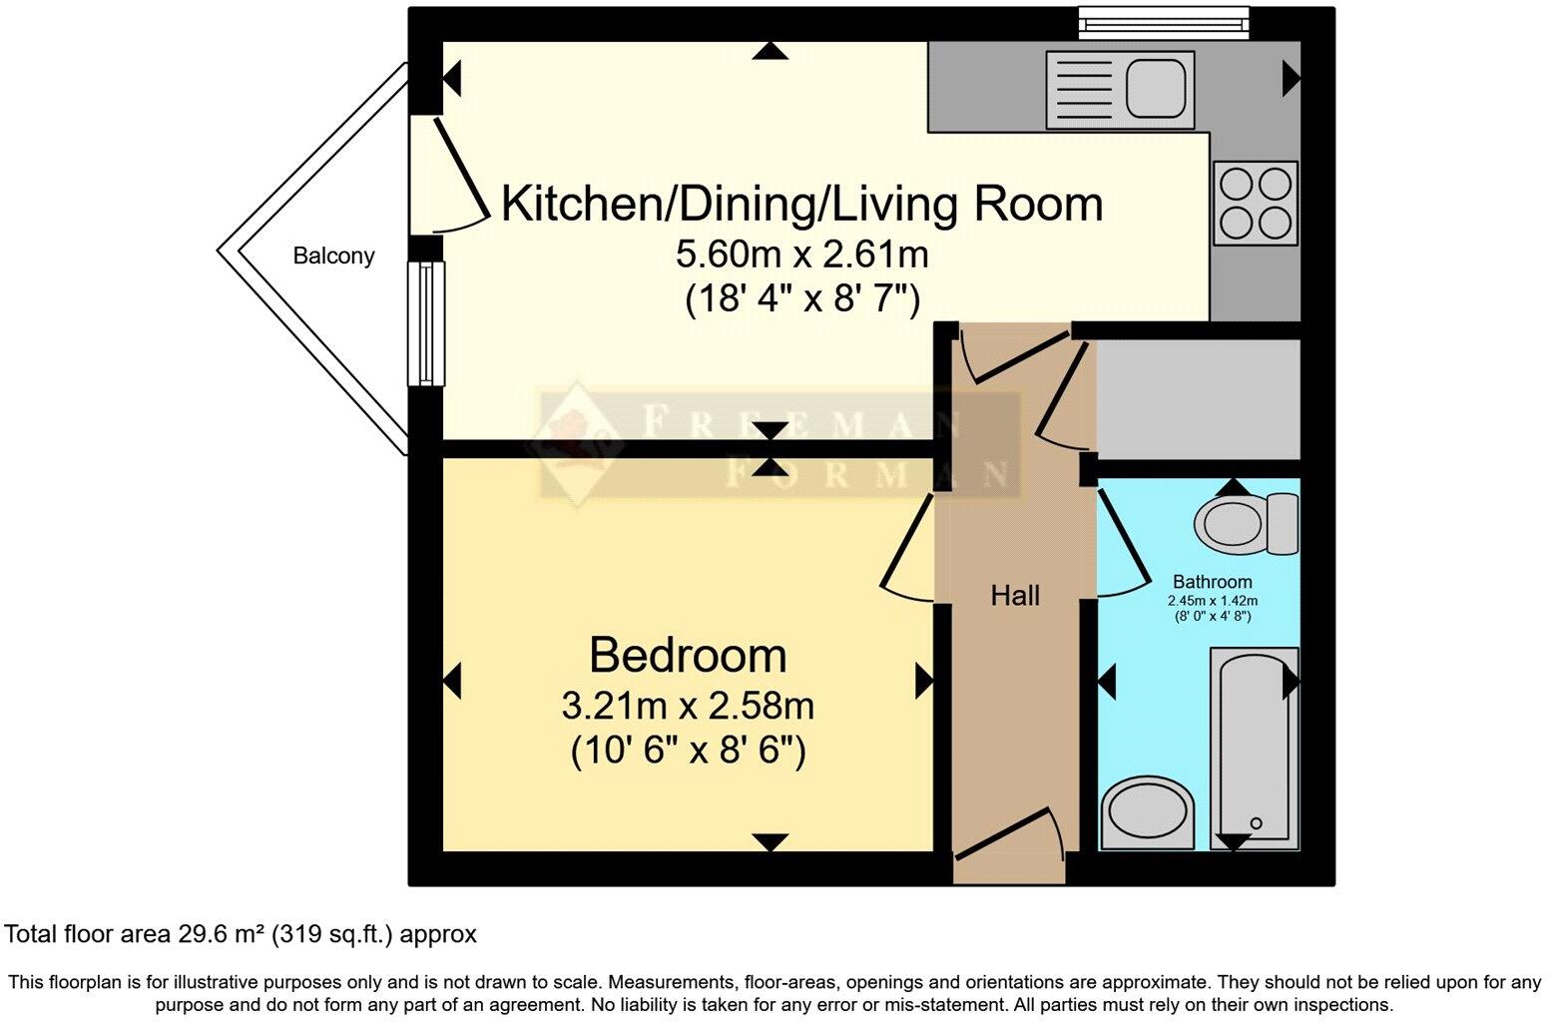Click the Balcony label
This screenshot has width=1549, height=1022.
(333, 255)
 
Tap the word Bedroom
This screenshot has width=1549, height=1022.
(688, 655)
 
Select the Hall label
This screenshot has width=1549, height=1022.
(1015, 596)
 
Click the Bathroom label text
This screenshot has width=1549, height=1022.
(1212, 582)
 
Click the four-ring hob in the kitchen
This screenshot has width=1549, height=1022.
(1256, 204)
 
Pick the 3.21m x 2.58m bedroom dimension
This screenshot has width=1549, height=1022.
(688, 706)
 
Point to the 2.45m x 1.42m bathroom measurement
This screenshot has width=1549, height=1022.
(1212, 601)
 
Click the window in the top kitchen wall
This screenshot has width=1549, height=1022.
(1163, 20)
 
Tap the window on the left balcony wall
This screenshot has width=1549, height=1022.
(426, 323)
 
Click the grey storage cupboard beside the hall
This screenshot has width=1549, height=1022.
(1198, 398)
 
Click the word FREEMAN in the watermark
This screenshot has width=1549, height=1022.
(788, 422)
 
